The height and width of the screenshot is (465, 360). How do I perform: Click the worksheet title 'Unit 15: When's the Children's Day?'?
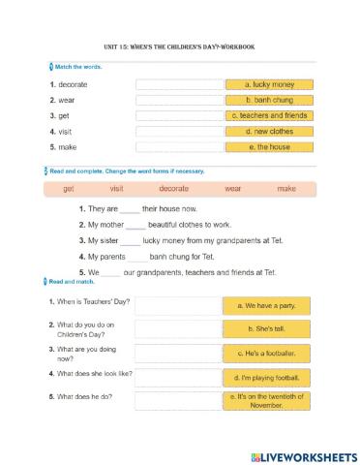(x=180, y=46)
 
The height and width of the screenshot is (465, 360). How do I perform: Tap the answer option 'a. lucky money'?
(x=269, y=84)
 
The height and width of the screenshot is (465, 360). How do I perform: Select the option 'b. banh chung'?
(x=269, y=100)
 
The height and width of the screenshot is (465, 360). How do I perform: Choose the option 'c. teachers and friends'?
(x=269, y=115)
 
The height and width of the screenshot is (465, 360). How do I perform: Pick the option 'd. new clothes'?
(x=269, y=131)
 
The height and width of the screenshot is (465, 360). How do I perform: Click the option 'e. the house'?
(x=269, y=147)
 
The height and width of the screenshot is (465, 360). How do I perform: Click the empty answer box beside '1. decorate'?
(x=179, y=84)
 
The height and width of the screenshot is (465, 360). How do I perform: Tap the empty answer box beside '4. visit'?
(x=179, y=131)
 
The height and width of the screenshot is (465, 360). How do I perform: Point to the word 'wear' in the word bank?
(x=232, y=189)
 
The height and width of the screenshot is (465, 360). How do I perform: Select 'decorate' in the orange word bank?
(x=174, y=189)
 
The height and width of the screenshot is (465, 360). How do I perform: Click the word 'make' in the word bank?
(x=285, y=189)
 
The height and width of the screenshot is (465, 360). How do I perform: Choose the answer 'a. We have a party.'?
(x=267, y=306)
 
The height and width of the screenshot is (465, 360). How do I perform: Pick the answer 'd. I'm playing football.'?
(x=267, y=377)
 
